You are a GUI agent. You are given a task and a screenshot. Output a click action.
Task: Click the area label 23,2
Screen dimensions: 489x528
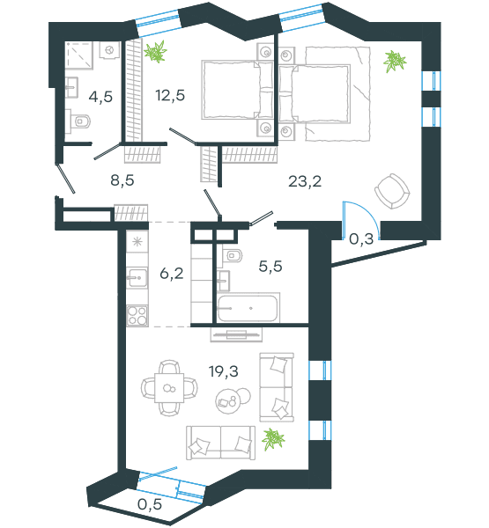coord(305,182)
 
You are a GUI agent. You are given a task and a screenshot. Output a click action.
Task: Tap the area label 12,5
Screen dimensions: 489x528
coord(170,95)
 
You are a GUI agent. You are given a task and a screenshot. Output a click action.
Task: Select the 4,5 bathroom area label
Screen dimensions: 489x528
coord(100,97)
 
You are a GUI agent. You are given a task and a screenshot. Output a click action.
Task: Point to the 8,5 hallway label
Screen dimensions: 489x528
coord(122,180)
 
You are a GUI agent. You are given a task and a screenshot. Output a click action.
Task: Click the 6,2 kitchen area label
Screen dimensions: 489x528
coord(172,273)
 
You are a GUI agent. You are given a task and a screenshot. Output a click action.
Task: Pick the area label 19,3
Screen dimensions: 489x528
coord(224,371)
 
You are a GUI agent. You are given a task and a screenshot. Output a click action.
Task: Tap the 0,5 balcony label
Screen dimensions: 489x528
coord(150,504)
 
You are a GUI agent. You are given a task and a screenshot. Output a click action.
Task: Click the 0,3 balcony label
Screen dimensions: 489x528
coord(361,239)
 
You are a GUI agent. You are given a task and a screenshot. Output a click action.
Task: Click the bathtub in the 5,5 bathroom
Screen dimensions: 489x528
coord(248,307)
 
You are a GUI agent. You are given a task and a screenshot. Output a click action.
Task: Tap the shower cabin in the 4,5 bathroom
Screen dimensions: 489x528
coord(79,55)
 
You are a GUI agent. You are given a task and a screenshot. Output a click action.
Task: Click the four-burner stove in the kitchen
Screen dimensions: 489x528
coord(137,316)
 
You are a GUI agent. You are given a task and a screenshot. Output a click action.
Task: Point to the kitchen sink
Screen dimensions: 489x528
coord(137,278)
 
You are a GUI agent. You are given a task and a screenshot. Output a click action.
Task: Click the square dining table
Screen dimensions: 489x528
coord(169,387)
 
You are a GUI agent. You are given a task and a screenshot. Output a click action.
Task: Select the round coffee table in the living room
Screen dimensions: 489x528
coord(228,401)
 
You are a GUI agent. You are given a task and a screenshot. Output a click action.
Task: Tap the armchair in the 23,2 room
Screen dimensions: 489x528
coord(392,191)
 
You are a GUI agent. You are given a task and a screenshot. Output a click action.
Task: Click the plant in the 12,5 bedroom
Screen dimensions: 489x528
coord(155,52)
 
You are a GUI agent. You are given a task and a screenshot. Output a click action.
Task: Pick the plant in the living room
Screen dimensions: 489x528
coord(273,439)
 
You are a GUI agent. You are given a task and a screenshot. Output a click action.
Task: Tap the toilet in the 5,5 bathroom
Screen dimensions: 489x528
coord(233,256)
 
